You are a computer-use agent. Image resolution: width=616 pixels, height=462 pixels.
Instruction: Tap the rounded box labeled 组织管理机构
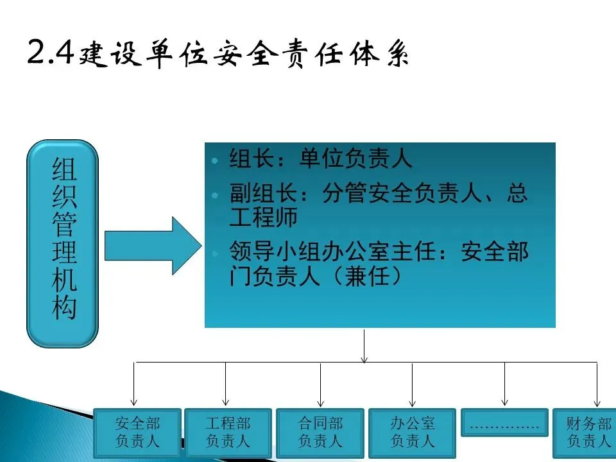pos(63,244)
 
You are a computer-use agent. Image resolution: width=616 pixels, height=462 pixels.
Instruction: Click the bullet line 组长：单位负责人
pos(321,160)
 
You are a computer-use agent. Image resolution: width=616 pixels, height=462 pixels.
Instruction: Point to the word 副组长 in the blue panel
pos(252,194)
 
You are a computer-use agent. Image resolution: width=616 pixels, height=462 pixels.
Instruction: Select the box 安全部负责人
pos(137,432)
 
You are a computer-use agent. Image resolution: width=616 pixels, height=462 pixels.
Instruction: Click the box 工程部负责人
pos(228,432)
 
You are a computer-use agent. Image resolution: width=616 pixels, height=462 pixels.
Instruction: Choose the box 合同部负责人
pos(320,432)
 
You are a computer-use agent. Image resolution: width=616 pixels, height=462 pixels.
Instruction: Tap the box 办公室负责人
pos(412,432)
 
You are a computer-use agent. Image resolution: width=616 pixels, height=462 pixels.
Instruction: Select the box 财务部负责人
pos(587,432)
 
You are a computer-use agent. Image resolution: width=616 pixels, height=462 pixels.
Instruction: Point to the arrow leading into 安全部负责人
pos(134,385)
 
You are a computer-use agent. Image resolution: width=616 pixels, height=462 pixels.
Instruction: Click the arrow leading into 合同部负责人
pos(320,385)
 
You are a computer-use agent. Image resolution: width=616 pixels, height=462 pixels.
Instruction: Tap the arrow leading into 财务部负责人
pos(597,385)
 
